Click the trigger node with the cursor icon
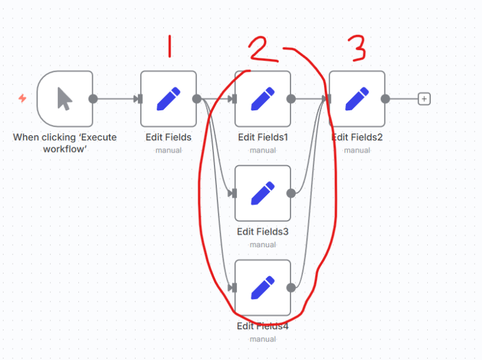[x=64, y=99]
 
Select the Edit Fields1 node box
[x=263, y=99]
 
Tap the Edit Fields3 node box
[x=263, y=193]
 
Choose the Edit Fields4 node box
[x=263, y=287]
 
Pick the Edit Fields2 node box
[x=357, y=99]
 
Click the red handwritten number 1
[x=169, y=46]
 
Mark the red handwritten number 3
[x=357, y=48]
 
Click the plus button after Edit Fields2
[x=424, y=99]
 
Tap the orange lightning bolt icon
[x=22, y=98]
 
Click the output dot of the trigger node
[x=93, y=99]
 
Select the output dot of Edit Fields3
[x=291, y=193]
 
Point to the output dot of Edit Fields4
[x=291, y=287]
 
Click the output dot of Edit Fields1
[x=291, y=99]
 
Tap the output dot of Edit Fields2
[x=385, y=99]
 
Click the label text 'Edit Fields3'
[x=263, y=232]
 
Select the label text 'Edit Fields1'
[x=263, y=137]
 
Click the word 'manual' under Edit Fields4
[x=263, y=339]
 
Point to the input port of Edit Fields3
[x=234, y=193]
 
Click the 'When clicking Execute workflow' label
[x=64, y=142]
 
